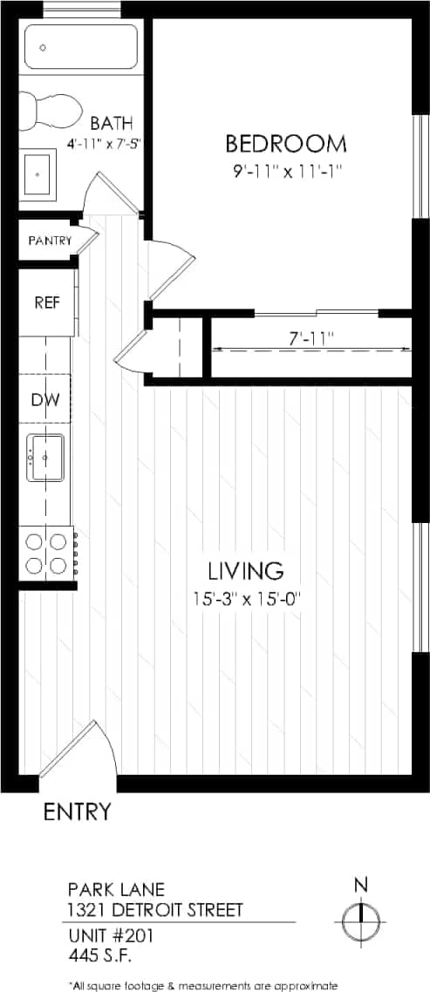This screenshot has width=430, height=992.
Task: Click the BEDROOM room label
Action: click(x=285, y=143)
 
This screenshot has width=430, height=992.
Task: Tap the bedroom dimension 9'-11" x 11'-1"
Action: click(x=285, y=171)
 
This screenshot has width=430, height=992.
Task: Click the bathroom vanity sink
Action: click(x=38, y=175)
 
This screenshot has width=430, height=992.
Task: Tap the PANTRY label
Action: click(x=50, y=241)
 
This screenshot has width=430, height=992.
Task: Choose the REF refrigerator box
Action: click(x=46, y=302)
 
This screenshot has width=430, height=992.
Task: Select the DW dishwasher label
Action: click(x=45, y=400)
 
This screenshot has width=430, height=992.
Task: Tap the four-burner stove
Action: click(x=47, y=553)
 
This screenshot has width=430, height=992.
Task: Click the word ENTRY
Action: click(x=78, y=812)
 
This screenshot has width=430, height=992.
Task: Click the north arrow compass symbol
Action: click(x=359, y=918)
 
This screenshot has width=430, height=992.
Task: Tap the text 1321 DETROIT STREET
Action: click(x=155, y=911)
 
